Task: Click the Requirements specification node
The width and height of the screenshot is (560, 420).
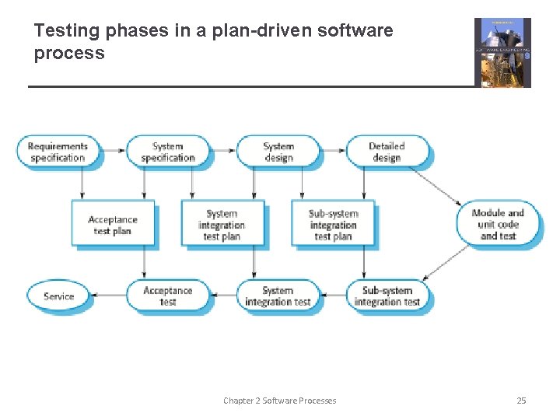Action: point(58,152)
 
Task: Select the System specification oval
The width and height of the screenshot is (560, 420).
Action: point(168,152)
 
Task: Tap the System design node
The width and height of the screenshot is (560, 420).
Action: point(278,152)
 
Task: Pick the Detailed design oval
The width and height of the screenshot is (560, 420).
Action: point(387,152)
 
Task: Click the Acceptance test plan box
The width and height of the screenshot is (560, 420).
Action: point(112,225)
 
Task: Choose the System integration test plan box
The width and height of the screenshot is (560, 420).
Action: point(222,225)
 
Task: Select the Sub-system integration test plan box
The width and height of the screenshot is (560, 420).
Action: point(332,225)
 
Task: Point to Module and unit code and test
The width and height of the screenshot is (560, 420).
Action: point(498,224)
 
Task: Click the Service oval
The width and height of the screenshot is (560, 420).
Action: point(58,296)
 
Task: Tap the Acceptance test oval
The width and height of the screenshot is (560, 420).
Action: point(168,296)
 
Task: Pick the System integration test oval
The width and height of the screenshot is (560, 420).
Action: point(278,296)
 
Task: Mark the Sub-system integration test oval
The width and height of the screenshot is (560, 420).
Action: point(387,296)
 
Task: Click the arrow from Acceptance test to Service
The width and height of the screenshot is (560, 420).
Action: point(114,296)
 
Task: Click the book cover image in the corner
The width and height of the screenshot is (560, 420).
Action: point(502,53)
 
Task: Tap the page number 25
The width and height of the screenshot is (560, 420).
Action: point(521,401)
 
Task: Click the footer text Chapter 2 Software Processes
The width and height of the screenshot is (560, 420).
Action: point(280,401)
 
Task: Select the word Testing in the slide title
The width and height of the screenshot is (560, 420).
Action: point(65,31)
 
